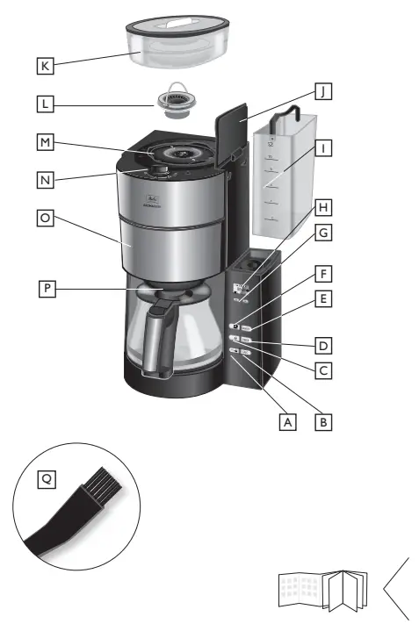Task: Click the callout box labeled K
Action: tap(45, 64)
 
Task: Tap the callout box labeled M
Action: tap(45, 141)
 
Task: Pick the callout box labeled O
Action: tap(45, 216)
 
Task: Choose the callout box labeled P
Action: tap(45, 286)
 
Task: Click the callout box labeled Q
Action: tap(45, 479)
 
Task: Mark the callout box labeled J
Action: tap(325, 91)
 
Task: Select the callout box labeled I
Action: tap(325, 148)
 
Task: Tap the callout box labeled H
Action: tap(325, 207)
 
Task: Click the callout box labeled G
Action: tap(325, 233)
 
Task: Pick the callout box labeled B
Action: tap(325, 421)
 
